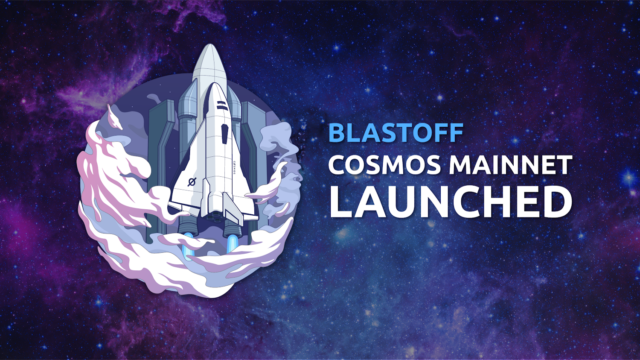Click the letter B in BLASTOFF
[x=336, y=133]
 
